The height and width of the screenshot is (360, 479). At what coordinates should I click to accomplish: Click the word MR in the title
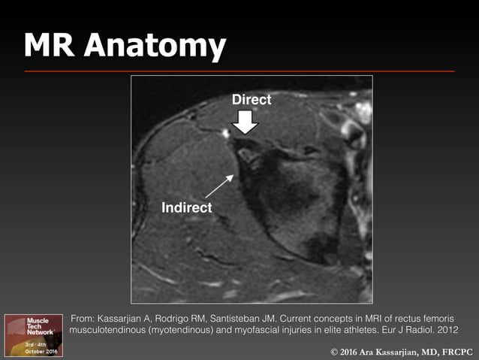click(50, 46)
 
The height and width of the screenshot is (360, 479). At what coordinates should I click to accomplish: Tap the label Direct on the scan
click(251, 99)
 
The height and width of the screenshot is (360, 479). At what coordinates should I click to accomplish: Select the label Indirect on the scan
click(187, 207)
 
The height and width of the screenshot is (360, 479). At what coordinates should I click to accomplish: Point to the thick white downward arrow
click(246, 121)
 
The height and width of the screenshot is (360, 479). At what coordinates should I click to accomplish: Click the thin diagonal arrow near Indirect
click(221, 186)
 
